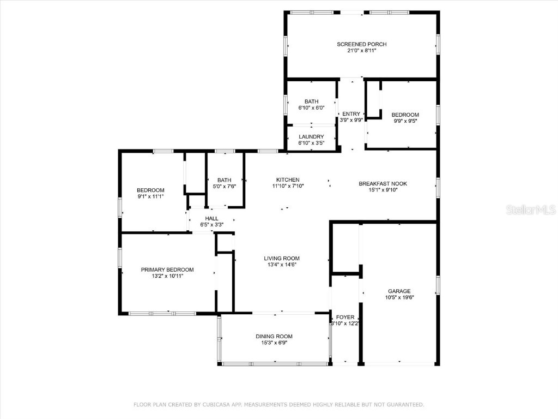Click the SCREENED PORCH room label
pyautogui.click(x=362, y=44)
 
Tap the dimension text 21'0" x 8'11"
pyautogui.click(x=362, y=51)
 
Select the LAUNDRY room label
pyautogui.click(x=311, y=137)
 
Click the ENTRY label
pyautogui.click(x=351, y=113)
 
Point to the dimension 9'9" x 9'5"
pyautogui.click(x=405, y=121)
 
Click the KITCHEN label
pyautogui.click(x=288, y=180)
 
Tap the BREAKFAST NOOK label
pyautogui.click(x=383, y=184)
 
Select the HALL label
pyautogui.click(x=211, y=218)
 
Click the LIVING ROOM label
pyautogui.click(x=282, y=259)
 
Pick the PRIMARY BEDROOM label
pyautogui.click(x=167, y=270)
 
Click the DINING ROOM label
pyautogui.click(x=274, y=337)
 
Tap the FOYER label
pyautogui.click(x=345, y=317)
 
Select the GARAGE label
pyautogui.click(x=399, y=291)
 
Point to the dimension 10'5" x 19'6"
pyautogui.click(x=399, y=298)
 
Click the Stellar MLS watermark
pyautogui.click(x=530, y=209)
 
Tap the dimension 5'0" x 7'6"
pyautogui.click(x=224, y=187)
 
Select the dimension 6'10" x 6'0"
pyautogui.click(x=311, y=108)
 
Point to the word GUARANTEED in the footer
pyautogui.click(x=404, y=405)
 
